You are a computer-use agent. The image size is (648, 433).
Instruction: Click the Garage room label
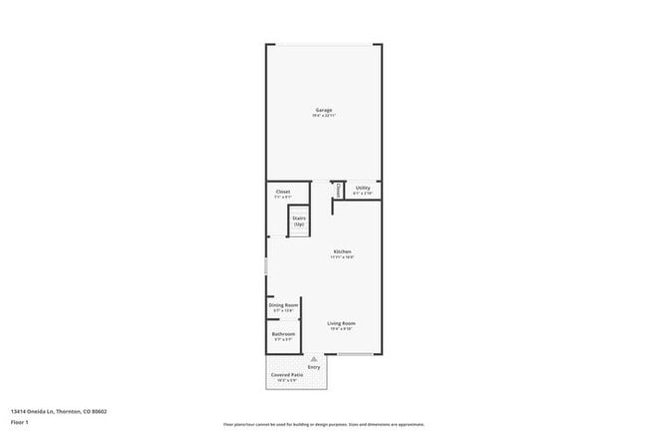tap(324, 110)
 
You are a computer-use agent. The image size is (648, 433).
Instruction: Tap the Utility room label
tap(363, 188)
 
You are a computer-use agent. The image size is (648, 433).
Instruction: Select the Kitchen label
tap(342, 251)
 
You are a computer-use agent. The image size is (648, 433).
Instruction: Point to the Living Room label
tap(342, 323)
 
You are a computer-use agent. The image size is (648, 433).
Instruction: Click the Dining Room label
tap(284, 304)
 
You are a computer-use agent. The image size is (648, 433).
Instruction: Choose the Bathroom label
tap(283, 334)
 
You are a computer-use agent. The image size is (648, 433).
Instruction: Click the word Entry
tap(315, 366)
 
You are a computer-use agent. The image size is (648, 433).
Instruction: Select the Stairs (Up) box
tap(299, 221)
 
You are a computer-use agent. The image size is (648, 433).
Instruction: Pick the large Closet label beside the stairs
tap(283, 192)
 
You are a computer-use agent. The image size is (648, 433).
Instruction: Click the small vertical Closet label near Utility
tap(339, 190)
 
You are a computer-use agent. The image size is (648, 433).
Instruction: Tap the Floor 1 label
tap(21, 423)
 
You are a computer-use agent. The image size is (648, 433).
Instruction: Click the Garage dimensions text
tap(324, 116)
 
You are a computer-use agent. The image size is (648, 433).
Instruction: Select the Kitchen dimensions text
tap(342, 257)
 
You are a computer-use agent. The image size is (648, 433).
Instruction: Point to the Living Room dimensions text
tap(342, 329)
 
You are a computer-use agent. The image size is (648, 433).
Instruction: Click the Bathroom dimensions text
tap(283, 340)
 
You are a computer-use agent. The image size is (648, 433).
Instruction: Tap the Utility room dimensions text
tap(363, 193)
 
